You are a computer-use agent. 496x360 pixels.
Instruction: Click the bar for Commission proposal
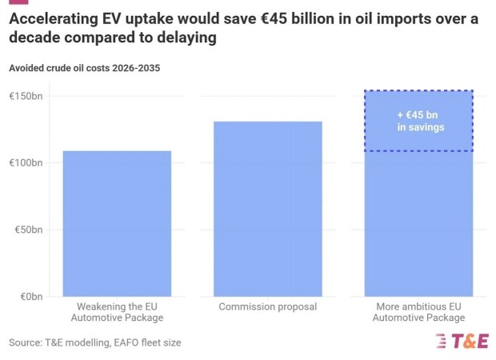[x=267, y=209]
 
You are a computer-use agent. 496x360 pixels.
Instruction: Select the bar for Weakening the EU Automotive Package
[x=117, y=223]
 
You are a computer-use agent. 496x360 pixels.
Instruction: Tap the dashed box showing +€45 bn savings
[x=419, y=121]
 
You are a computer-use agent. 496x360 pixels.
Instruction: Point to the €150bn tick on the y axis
[x=26, y=97]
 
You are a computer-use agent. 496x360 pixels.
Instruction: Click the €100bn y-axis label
[x=26, y=163]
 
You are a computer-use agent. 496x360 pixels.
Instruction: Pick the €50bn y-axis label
[x=29, y=230]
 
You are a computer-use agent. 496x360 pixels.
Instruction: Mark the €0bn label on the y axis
[x=30, y=297]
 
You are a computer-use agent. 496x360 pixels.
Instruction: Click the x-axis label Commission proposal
[x=267, y=306]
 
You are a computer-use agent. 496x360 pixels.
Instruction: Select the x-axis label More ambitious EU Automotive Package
[x=418, y=312]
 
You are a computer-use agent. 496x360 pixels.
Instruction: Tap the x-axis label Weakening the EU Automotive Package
[x=117, y=312]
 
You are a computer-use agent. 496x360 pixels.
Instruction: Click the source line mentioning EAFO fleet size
[x=94, y=342]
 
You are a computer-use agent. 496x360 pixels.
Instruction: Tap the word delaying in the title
[x=190, y=38]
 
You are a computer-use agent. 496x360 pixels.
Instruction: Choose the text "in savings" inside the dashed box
[x=420, y=127]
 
